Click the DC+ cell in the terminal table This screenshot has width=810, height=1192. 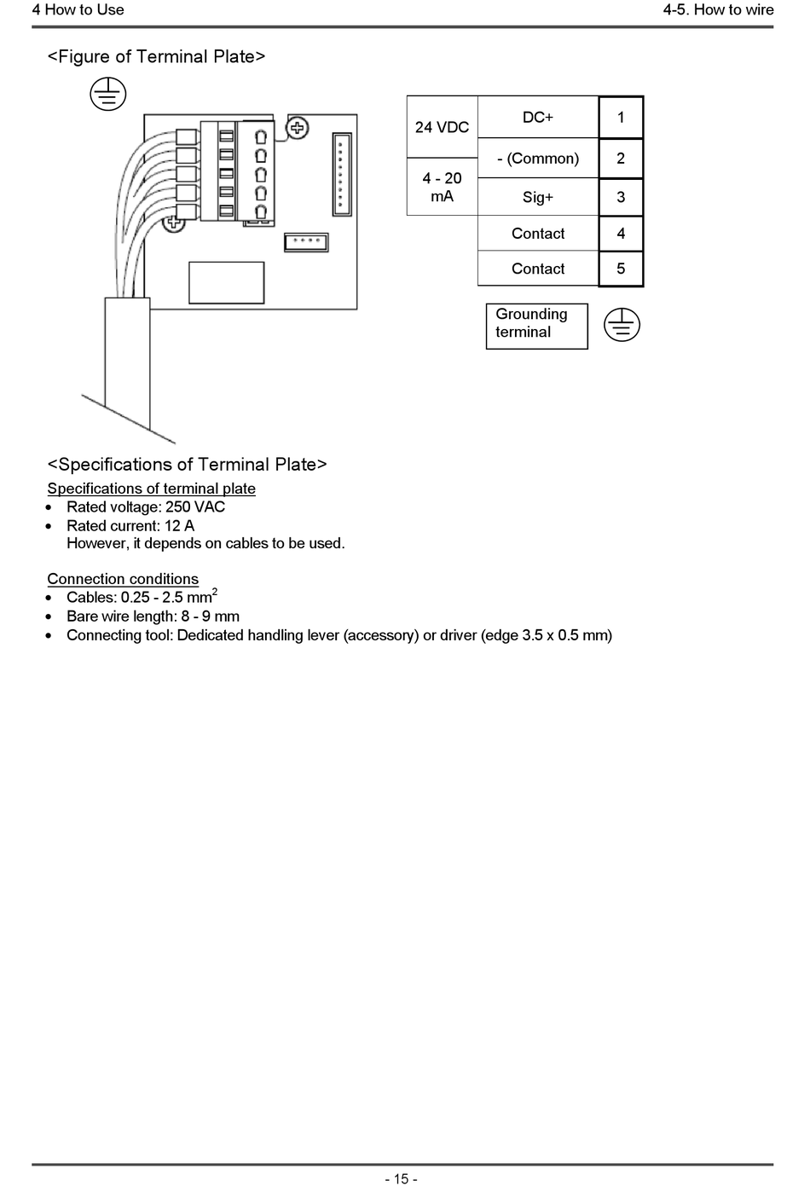coord(538,117)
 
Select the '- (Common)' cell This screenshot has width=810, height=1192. coord(538,159)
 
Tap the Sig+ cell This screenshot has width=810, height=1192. coord(538,197)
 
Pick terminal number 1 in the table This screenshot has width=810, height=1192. coord(621,117)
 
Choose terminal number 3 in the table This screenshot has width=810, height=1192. coord(621,197)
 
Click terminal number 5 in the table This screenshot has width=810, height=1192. coord(621,269)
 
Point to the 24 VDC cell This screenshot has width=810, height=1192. coord(442,127)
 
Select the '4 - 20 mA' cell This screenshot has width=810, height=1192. coord(442,187)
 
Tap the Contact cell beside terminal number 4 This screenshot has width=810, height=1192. coord(538,234)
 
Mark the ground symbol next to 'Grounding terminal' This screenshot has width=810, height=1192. coord(622,325)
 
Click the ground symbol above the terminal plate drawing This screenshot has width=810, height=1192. coord(108,94)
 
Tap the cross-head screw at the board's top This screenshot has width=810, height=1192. coord(297,129)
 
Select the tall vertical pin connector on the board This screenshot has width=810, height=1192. coord(341,173)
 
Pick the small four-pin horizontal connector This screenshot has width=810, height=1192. coord(305,241)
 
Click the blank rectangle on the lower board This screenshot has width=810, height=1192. coord(226,282)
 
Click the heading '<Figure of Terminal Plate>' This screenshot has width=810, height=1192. coord(156,56)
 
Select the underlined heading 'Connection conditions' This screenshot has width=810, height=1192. coord(123,579)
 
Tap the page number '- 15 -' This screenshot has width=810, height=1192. coord(401,1179)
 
